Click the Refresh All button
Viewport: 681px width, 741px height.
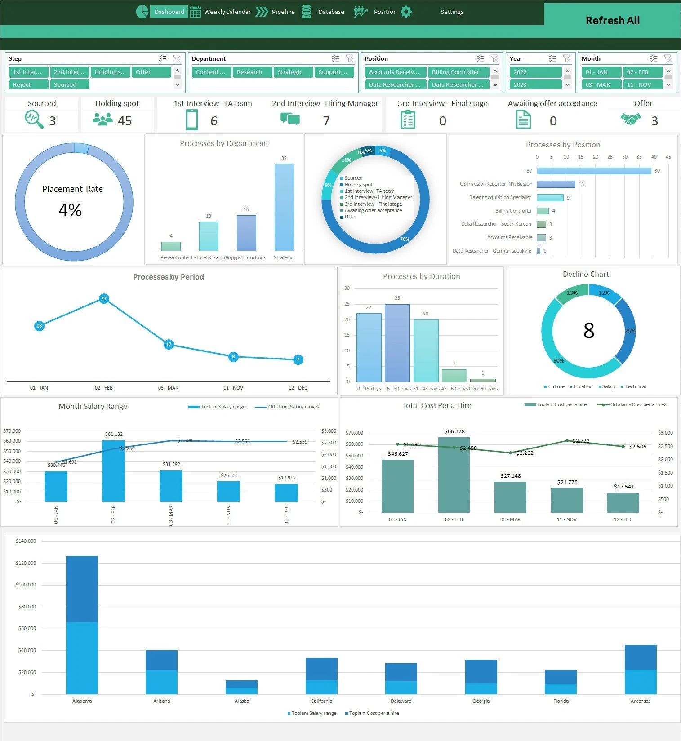pyautogui.click(x=612, y=21)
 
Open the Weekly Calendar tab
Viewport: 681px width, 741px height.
pyautogui.click(x=227, y=12)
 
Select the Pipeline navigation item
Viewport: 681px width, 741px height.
pyautogui.click(x=283, y=12)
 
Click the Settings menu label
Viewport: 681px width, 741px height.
pyautogui.click(x=452, y=12)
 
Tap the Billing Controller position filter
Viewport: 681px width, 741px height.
pyautogui.click(x=458, y=72)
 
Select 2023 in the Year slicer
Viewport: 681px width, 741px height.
pyautogui.click(x=535, y=84)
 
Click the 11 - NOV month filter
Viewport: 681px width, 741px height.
pyautogui.click(x=642, y=84)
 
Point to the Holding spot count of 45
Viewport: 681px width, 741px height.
pyautogui.click(x=125, y=121)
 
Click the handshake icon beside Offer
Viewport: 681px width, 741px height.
pyautogui.click(x=631, y=120)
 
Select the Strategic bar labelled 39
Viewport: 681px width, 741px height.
pyautogui.click(x=284, y=207)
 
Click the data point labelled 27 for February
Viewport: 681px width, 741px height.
pyautogui.click(x=104, y=298)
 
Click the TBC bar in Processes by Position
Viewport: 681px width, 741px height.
pyautogui.click(x=593, y=171)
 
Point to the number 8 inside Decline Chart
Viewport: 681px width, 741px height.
pyautogui.click(x=588, y=331)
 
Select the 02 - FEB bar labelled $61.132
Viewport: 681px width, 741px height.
pyautogui.click(x=113, y=471)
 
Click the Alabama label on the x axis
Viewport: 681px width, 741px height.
pyautogui.click(x=82, y=701)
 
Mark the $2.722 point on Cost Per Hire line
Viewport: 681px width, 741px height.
pyautogui.click(x=567, y=441)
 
